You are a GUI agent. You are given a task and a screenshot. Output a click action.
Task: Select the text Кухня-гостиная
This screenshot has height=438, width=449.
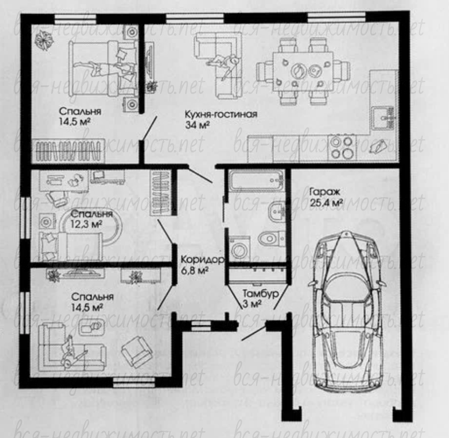tap(221, 114)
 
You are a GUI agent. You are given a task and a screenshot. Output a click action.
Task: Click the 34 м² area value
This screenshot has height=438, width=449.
tap(197, 125)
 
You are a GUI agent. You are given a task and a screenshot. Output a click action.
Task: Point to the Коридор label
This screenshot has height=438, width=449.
tap(203, 260)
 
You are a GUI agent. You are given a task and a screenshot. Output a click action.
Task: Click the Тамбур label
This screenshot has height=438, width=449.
tap(261, 293)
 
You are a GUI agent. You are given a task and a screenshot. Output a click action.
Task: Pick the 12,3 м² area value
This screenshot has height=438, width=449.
tap(86, 224)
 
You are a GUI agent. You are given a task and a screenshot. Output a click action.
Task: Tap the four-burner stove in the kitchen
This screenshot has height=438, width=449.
tap(342, 148)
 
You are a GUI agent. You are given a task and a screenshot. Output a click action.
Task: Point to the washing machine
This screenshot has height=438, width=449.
tap(240, 249)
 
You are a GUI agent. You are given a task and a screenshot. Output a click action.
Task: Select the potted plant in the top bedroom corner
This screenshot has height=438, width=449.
tap(44, 40)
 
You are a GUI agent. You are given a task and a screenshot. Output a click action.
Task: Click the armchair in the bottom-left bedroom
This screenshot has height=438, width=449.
tap(136, 351)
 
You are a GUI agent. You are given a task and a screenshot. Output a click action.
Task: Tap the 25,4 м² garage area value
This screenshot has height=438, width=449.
tap(326, 203)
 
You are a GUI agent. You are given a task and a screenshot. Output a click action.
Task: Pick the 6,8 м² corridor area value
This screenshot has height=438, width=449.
tap(194, 270)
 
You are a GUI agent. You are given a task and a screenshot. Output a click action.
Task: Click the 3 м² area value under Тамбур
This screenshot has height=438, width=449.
tap(252, 303)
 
